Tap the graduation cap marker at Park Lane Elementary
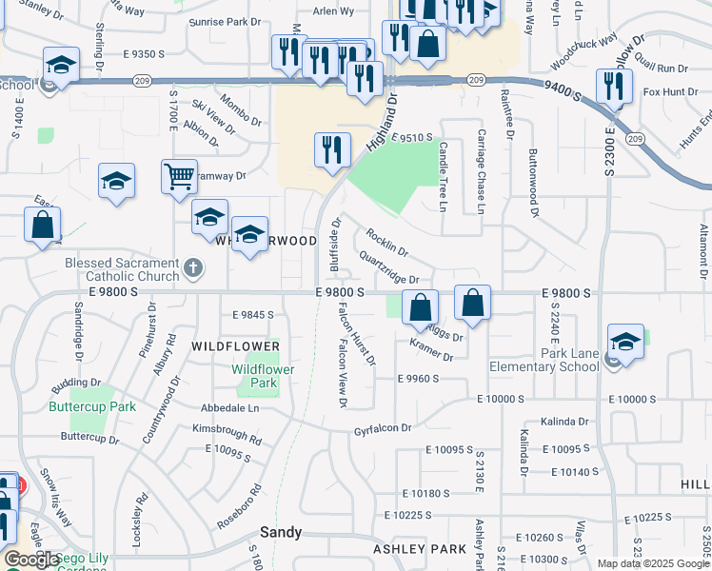point(625,342)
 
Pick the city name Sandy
point(282,532)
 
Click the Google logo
point(31,560)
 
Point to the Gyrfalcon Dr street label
point(383,428)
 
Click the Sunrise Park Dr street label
point(225,21)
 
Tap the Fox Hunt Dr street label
point(665,91)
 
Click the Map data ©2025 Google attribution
point(653,563)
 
